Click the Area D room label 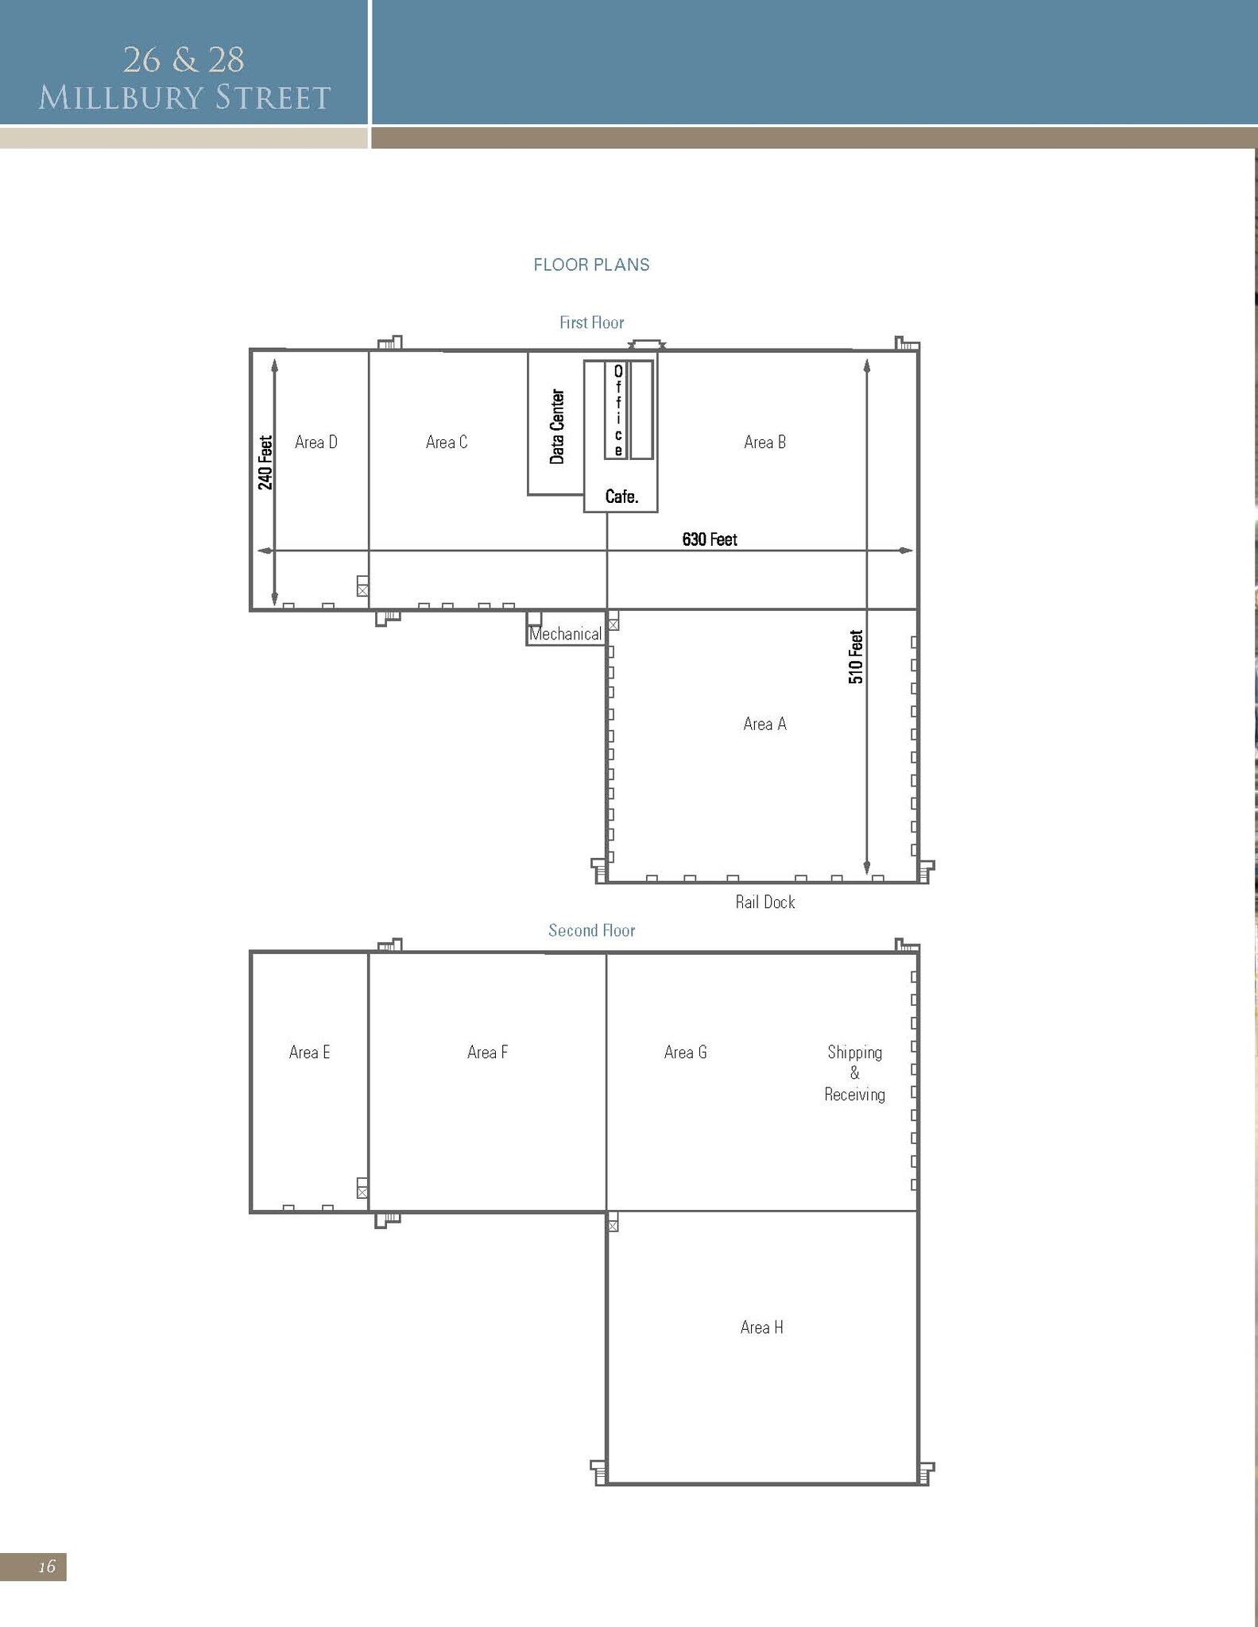(x=315, y=442)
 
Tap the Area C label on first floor (x=446, y=442)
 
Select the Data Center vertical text (x=557, y=427)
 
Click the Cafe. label (x=621, y=497)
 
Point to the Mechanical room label (x=565, y=634)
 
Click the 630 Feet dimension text (x=709, y=540)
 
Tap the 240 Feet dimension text (x=265, y=462)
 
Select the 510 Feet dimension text (x=856, y=657)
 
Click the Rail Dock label (x=764, y=902)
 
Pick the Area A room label (x=764, y=724)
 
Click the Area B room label (x=764, y=442)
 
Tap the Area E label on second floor (x=309, y=1053)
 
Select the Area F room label (x=487, y=1053)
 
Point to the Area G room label (x=685, y=1053)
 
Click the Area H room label (x=761, y=1327)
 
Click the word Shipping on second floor (x=854, y=1053)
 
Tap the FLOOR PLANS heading (x=591, y=265)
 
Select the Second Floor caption (x=591, y=930)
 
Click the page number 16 (x=47, y=1566)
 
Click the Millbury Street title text (x=184, y=98)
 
